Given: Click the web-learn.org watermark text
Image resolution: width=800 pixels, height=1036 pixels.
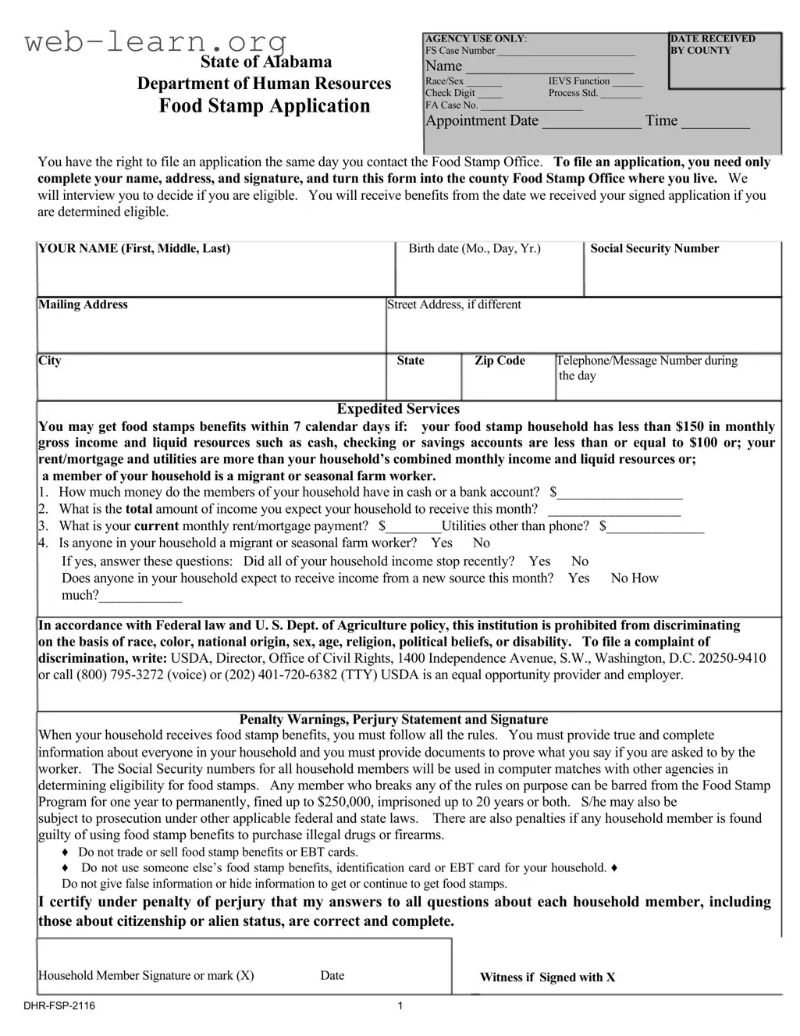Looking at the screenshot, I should coord(156,41).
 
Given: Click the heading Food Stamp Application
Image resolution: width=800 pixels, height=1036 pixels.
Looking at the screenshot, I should coord(265,106).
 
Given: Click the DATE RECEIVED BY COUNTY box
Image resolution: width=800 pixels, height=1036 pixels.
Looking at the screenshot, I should coord(725,61).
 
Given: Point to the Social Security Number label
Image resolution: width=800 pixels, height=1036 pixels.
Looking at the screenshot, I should coord(654,249).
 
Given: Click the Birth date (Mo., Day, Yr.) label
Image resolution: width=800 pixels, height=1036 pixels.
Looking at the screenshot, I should coord(475,249).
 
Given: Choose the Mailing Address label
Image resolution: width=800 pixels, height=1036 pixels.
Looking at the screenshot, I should coord(84,304).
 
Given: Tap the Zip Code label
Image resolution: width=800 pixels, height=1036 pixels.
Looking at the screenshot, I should coord(500,361).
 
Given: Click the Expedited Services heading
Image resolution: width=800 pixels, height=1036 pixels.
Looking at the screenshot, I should coord(398,409).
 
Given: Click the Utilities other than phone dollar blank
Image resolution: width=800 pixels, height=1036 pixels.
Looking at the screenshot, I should coord(656,529).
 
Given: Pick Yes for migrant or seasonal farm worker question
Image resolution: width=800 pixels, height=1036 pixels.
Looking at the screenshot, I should coord(442,543).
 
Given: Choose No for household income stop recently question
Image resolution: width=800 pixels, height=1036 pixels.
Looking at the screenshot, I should coord(580,561).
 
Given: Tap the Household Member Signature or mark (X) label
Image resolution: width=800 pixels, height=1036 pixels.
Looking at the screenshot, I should coord(146,975).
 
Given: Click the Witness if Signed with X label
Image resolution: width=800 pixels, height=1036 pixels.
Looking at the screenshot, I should coord(547,977).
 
